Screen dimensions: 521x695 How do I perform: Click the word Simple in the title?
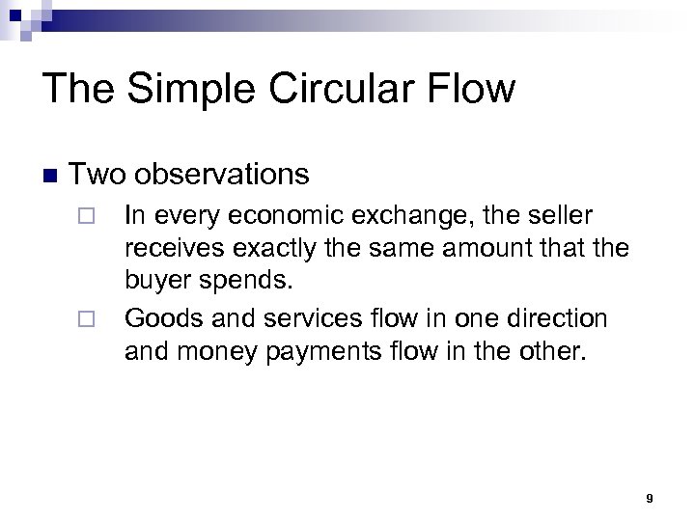pos(172,91)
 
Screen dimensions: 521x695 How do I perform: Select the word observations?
pos(222,175)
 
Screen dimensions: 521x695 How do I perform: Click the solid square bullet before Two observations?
pos(50,176)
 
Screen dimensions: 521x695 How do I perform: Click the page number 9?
pos(650,498)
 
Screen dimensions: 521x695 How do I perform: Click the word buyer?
pos(156,284)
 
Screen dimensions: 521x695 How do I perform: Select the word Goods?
pos(157,317)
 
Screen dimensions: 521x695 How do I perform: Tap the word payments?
pos(332,351)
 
